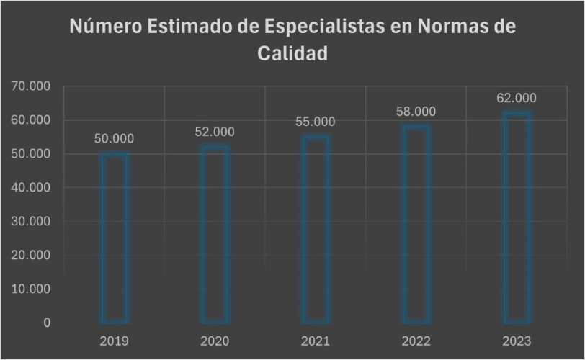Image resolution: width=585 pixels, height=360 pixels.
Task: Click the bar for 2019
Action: (x=114, y=238)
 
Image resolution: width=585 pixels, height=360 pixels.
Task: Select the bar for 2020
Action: (x=215, y=234)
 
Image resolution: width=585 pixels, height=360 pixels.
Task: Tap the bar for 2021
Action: (x=316, y=229)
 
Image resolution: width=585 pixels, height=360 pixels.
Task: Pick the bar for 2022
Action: (x=416, y=224)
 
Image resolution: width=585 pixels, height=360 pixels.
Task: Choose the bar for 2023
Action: (x=517, y=217)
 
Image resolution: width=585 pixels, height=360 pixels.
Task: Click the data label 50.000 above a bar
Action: (x=114, y=139)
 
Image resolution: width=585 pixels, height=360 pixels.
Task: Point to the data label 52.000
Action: (x=215, y=132)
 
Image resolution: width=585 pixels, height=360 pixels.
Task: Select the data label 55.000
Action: (x=316, y=122)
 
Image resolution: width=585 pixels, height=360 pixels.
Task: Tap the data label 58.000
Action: (x=416, y=112)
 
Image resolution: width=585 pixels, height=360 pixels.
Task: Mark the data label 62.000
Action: (x=517, y=98)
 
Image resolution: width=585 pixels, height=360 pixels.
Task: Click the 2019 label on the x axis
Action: (x=114, y=341)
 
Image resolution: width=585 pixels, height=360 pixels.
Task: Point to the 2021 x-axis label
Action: (x=316, y=341)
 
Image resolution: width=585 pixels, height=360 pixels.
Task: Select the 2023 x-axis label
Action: (x=517, y=341)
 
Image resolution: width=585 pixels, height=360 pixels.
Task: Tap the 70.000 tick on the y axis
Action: (x=30, y=86)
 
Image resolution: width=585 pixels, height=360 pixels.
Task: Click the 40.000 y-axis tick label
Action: (x=30, y=188)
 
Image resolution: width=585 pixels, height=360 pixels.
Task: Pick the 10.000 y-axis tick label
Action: (x=30, y=289)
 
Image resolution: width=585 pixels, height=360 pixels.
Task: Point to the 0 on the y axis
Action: (x=47, y=323)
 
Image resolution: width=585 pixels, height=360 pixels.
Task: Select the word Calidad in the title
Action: (x=292, y=54)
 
